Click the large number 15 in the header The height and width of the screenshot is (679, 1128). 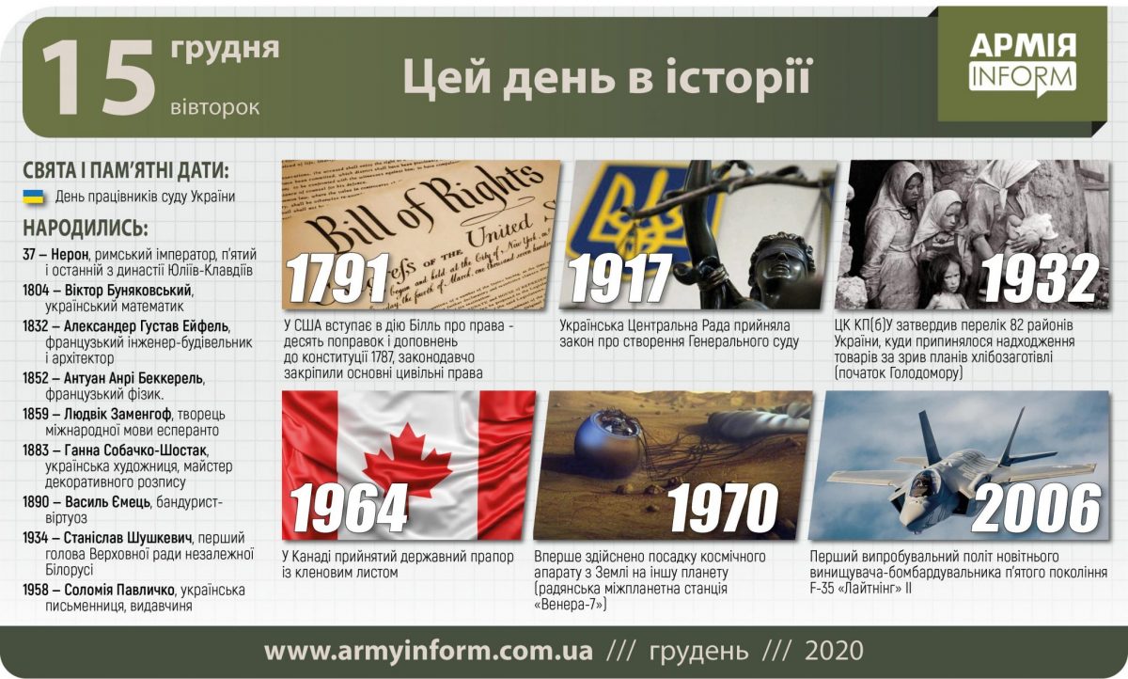point(98,79)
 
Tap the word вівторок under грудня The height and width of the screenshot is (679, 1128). point(215,106)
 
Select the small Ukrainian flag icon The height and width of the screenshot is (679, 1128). point(34,197)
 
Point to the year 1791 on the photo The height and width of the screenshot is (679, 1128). point(338,279)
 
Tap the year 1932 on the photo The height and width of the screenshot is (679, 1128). point(1039,279)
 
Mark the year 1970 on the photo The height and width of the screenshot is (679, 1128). point(724,509)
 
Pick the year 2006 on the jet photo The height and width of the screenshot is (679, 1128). point(1036,509)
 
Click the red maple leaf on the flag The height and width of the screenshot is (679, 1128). point(408,458)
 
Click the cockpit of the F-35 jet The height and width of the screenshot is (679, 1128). point(922,483)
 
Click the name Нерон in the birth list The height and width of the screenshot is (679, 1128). point(70,255)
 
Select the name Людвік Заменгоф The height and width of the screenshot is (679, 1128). point(116,414)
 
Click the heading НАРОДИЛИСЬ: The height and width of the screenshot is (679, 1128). point(86,229)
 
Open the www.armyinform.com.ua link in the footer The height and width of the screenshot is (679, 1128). point(429,651)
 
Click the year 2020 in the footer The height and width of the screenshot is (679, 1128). point(834,651)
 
